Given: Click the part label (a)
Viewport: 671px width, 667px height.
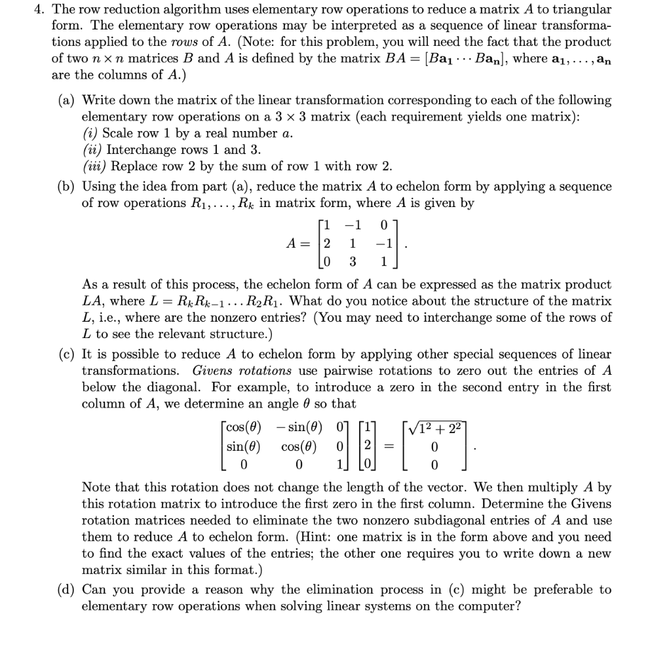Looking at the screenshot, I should click(67, 101).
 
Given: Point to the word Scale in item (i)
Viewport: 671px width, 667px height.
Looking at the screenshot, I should click(118, 133).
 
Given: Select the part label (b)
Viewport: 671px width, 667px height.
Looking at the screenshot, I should click(67, 186).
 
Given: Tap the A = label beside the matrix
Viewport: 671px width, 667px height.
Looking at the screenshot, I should click(296, 243).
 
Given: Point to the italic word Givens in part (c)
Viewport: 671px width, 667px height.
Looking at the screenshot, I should click(215, 370).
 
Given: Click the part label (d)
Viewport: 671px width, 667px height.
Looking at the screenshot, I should click(67, 590).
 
